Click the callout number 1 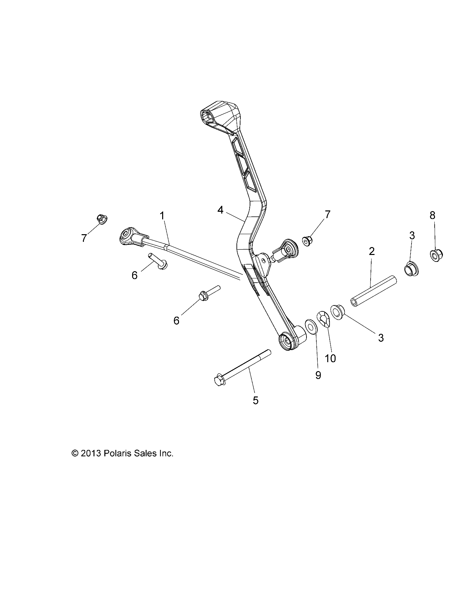click(x=162, y=216)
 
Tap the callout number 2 click(x=372, y=252)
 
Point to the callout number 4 click(x=221, y=210)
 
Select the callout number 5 click(x=255, y=400)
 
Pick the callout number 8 click(x=432, y=215)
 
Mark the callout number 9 click(x=318, y=375)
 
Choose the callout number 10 click(x=330, y=359)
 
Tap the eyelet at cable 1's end click(x=126, y=236)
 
